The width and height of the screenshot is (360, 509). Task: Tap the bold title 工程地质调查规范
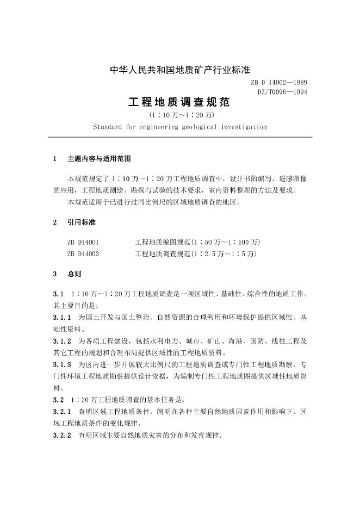point(179,103)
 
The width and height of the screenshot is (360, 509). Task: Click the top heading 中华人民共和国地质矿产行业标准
point(179,70)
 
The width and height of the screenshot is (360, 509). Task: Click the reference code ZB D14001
point(83,241)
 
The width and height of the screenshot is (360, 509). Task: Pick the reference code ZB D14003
point(83,254)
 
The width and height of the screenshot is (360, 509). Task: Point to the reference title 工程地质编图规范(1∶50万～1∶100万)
point(197,241)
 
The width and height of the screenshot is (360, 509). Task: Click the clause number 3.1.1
point(63,316)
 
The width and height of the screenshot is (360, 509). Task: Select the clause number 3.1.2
point(63,341)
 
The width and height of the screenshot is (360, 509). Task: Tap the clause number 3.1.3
point(63,365)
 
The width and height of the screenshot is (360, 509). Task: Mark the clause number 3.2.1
point(63,412)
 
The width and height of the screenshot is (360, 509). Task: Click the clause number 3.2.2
point(63,436)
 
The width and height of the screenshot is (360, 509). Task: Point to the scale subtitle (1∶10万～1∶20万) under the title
point(179,115)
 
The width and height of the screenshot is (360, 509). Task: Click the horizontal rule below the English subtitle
point(179,138)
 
